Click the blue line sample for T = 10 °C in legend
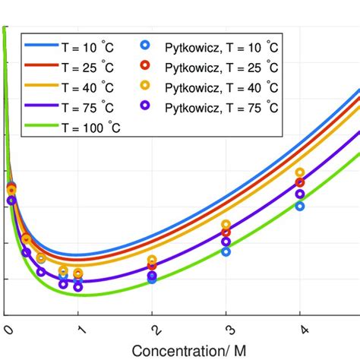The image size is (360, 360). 43,46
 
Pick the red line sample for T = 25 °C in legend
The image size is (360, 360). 43,66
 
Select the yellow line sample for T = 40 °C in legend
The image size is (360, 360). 43,87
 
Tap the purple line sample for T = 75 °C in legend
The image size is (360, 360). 43,107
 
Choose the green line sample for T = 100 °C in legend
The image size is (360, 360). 43,128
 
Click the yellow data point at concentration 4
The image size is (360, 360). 300,172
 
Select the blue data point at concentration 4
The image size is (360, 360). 300,206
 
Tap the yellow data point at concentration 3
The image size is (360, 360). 226,224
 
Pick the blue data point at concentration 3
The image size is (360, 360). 226,251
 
